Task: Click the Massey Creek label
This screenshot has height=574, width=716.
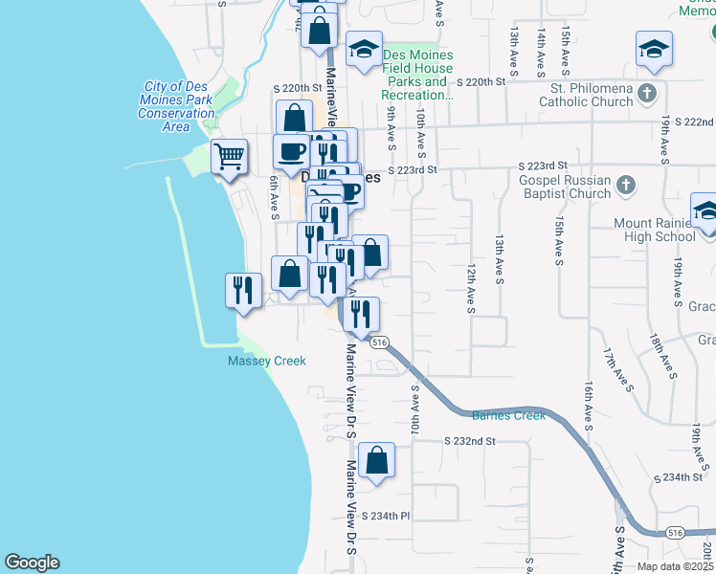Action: coord(267,361)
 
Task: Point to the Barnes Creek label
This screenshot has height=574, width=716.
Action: coord(508,415)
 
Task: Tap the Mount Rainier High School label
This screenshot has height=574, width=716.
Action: coord(655,230)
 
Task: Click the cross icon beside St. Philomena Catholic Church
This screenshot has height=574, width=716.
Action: coord(648,93)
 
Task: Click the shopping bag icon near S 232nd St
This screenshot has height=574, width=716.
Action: coord(378,459)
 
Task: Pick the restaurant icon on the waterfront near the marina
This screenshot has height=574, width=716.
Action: coord(243,290)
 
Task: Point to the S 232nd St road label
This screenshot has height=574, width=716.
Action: coord(470,441)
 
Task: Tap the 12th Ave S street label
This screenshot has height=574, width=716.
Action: coord(471,289)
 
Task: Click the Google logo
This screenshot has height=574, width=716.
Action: coord(32,563)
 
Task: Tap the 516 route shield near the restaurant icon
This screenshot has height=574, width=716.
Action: coord(380,342)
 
